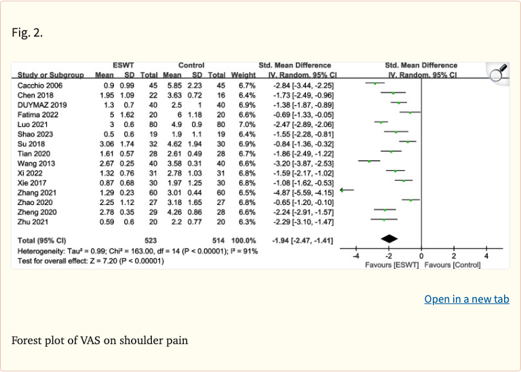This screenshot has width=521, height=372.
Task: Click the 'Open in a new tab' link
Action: (x=467, y=299)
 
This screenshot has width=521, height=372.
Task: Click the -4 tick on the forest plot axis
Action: (x=355, y=255)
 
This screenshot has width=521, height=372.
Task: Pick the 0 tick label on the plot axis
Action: (x=421, y=255)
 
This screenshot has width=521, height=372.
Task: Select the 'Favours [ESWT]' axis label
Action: (x=393, y=263)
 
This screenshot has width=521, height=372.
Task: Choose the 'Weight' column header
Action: (x=243, y=74)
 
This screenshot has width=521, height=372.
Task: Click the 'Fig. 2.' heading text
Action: (x=28, y=32)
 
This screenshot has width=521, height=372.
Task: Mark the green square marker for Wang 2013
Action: (x=370, y=161)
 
